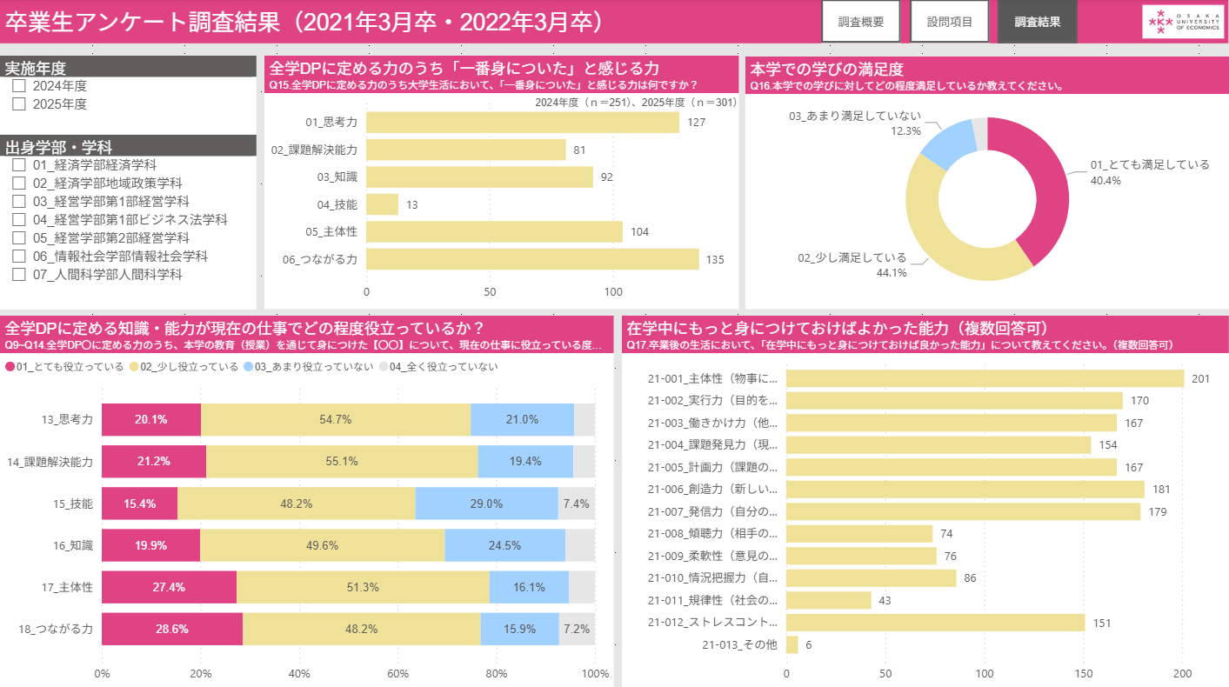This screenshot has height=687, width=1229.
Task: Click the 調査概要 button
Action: click(861, 22)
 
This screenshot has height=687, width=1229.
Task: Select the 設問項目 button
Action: click(950, 22)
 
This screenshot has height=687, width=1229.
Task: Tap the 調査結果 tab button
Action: click(1038, 22)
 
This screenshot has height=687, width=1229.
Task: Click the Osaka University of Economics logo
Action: click(1182, 22)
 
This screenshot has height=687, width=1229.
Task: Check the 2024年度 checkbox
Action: click(19, 86)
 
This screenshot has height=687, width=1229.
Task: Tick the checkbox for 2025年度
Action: click(19, 104)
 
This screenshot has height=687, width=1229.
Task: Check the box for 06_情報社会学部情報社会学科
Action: click(19, 257)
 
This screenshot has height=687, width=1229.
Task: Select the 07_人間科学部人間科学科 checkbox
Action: click(19, 275)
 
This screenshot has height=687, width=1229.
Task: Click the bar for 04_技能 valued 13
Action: click(383, 204)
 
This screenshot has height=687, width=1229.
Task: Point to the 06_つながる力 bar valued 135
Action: click(532, 259)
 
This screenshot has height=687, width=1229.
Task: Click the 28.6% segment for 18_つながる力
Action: click(172, 628)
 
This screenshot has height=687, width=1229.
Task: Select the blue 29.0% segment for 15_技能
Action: click(486, 504)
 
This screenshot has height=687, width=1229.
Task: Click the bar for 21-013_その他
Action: click(792, 645)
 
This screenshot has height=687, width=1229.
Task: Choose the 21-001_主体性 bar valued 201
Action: click(985, 378)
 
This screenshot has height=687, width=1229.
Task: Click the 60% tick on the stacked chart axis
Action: click(398, 673)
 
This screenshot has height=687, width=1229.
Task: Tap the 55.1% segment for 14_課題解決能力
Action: click(342, 461)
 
